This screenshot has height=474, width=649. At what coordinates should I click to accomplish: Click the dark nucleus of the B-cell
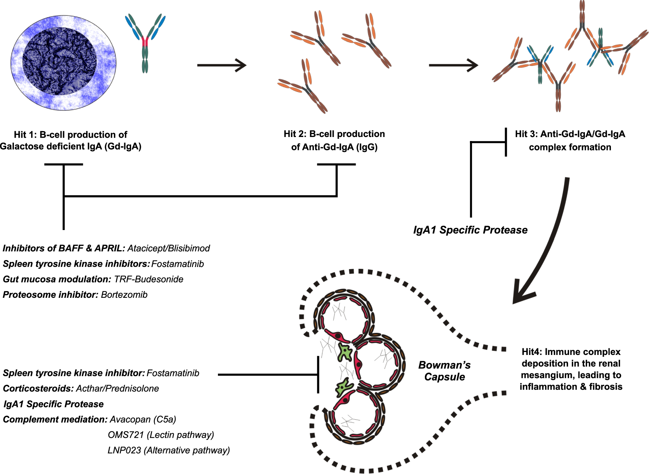click(x=59, y=62)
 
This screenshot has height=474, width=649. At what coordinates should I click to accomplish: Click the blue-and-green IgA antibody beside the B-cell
click(x=145, y=44)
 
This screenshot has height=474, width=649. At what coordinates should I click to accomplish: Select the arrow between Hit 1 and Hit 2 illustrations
click(x=221, y=65)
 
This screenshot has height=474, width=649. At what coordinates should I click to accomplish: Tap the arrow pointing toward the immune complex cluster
click(x=453, y=65)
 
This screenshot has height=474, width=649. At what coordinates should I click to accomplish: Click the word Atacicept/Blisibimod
click(x=168, y=248)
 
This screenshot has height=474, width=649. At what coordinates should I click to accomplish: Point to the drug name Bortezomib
click(x=124, y=295)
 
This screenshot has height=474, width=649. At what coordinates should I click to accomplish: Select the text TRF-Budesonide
click(x=148, y=279)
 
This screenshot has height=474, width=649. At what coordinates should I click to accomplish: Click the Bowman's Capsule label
click(x=444, y=371)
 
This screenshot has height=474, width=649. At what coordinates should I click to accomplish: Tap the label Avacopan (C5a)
click(x=143, y=419)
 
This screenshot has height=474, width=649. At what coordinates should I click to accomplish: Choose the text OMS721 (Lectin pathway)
click(x=161, y=435)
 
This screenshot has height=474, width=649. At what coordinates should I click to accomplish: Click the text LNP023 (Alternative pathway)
click(x=168, y=450)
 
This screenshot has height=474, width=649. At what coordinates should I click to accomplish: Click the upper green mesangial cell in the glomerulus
click(x=345, y=352)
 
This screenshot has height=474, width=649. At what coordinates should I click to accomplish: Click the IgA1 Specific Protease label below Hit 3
click(x=470, y=230)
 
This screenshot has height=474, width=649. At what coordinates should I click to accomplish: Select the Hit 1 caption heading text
click(x=70, y=135)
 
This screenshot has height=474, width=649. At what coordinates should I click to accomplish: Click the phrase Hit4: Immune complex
click(x=571, y=352)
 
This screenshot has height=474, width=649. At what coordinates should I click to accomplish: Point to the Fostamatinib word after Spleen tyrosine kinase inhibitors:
click(x=177, y=264)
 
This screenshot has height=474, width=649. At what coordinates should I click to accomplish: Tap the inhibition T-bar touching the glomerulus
click(x=318, y=374)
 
